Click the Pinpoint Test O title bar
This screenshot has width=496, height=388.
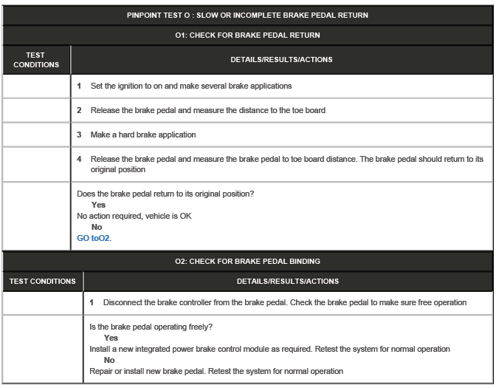pyautogui.click(x=247, y=15)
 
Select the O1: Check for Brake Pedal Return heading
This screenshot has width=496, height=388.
pyautogui.click(x=247, y=35)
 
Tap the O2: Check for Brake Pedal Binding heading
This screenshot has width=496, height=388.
pyautogui.click(x=247, y=261)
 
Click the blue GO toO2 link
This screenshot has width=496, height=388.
pyautogui.click(x=94, y=238)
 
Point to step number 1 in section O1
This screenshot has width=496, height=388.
pyautogui.click(x=80, y=86)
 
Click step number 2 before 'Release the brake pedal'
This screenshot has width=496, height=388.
pyautogui.click(x=80, y=110)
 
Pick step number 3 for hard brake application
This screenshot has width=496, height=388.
pyautogui.click(x=80, y=135)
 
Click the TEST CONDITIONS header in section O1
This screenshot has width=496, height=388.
pyautogui.click(x=35, y=60)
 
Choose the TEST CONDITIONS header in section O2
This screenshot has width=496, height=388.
pyautogui.click(x=42, y=281)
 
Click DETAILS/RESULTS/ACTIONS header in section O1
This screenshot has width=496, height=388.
pyautogui.click(x=284, y=60)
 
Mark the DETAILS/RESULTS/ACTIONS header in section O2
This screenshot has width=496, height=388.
pyautogui.click(x=288, y=281)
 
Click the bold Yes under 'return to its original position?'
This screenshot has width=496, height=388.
pyautogui.click(x=98, y=205)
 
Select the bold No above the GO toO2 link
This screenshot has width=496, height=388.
pyautogui.click(x=96, y=227)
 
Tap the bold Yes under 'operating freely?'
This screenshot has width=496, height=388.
pyautogui.click(x=111, y=338)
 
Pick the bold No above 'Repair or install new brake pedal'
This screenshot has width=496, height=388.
pyautogui.click(x=109, y=360)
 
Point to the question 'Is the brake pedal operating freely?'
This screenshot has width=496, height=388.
pyautogui.click(x=154, y=327)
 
